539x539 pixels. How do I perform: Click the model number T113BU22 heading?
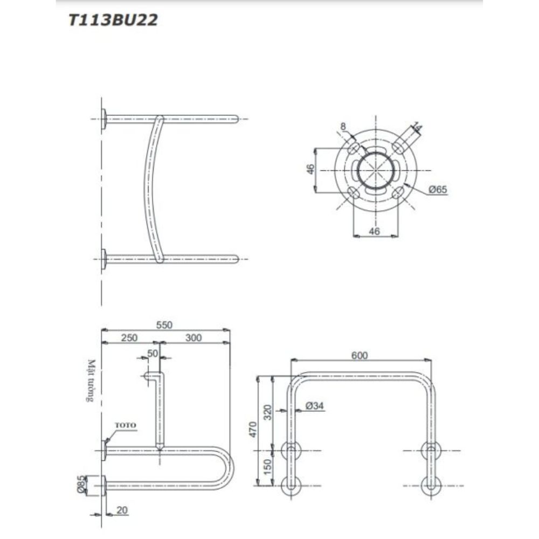[113, 21]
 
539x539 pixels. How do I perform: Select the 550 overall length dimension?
[164, 324]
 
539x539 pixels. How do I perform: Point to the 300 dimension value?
[193, 338]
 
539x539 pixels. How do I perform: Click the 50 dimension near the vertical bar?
[153, 353]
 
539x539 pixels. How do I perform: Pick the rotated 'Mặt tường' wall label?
[92, 382]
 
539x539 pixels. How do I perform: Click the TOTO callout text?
[128, 425]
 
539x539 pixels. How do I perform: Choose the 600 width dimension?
[360, 355]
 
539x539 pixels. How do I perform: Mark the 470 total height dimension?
[260, 430]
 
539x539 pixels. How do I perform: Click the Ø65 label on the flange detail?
[438, 189]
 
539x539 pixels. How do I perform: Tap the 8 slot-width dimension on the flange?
[343, 126]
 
